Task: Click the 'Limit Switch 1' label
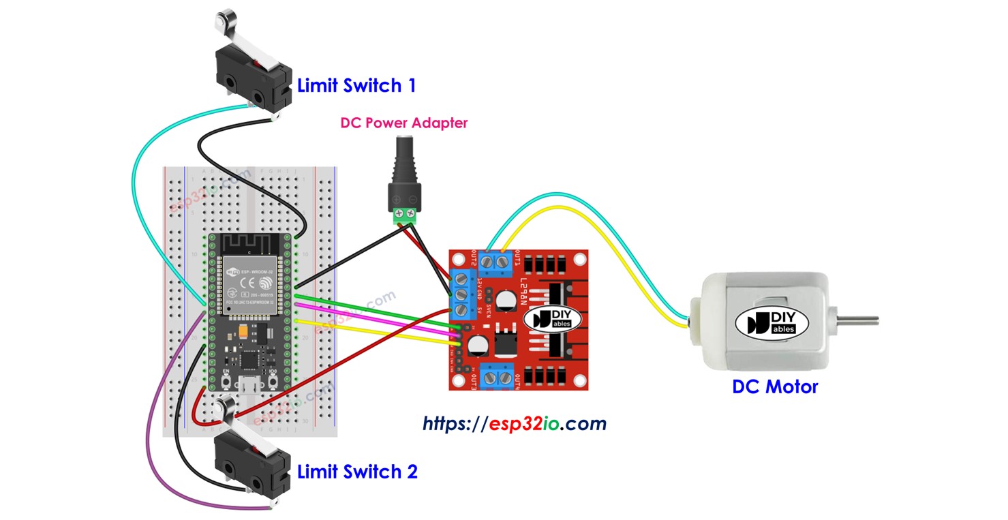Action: click(x=356, y=86)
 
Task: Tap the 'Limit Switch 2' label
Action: click(x=357, y=471)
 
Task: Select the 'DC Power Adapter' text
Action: click(x=404, y=123)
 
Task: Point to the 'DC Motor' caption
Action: click(x=774, y=387)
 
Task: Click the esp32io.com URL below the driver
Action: click(x=514, y=423)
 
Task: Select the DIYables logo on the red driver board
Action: click(x=548, y=318)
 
